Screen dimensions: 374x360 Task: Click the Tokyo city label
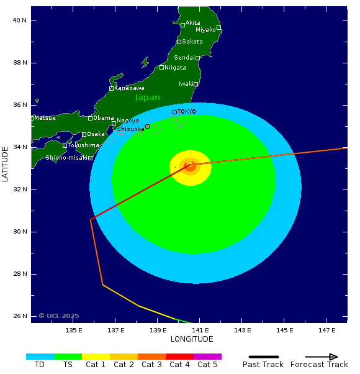[187, 112]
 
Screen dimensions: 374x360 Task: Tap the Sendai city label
[184, 58]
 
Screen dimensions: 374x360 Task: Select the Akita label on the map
[193, 23]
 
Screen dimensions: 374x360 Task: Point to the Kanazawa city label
[129, 88]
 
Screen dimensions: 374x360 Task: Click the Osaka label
[96, 134]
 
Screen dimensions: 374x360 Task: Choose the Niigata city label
[176, 68]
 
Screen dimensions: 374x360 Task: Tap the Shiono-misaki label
[66, 158]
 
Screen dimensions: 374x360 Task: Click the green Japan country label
[148, 98]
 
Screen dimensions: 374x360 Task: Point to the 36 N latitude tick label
[20, 105]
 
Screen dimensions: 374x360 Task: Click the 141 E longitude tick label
[200, 330]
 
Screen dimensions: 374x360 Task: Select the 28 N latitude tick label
[20, 274]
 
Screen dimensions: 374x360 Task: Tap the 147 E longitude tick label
[327, 330]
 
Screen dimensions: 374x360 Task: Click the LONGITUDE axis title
[192, 339]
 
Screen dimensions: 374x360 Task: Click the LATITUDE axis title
[6, 164]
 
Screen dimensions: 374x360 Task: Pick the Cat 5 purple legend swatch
[207, 357]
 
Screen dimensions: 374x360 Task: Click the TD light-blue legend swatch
[40, 357]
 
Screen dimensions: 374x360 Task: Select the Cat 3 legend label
[151, 365]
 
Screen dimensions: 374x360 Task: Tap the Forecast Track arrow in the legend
[319, 357]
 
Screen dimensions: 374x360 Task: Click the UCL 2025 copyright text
[59, 316]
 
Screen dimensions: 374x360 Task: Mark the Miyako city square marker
[218, 27]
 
